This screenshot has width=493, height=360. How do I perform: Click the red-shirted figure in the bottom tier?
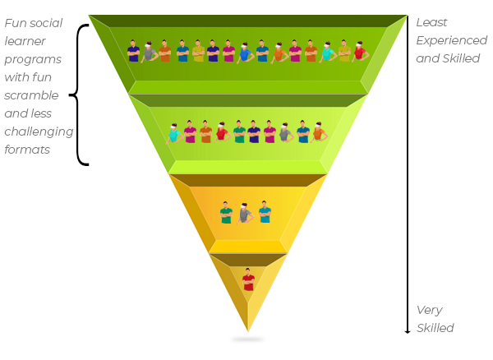(248, 279)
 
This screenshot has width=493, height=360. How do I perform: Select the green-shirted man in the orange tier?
(226, 213)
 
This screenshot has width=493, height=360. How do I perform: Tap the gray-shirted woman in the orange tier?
(245, 213)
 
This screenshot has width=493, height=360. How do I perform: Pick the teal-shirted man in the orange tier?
(265, 211)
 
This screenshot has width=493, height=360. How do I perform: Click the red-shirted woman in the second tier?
(222, 132)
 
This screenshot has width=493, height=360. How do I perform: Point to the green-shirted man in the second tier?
(239, 132)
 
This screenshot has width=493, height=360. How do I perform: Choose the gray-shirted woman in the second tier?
(286, 132)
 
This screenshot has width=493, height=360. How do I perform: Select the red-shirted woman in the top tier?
(360, 52)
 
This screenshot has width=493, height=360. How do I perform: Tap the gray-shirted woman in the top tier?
(149, 53)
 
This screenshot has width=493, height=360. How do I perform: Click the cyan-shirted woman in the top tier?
(328, 53)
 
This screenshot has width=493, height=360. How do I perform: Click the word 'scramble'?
(31, 95)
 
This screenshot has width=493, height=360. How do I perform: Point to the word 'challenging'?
(39, 132)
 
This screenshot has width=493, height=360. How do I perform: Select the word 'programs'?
(33, 60)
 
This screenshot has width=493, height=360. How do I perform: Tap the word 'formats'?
(27, 150)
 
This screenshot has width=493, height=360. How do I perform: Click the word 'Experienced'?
(451, 40)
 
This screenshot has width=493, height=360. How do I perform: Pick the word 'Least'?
(431, 22)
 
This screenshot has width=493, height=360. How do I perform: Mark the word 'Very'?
(430, 311)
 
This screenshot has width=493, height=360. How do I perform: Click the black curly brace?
(78, 95)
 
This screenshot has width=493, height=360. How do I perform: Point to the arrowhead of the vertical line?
(408, 331)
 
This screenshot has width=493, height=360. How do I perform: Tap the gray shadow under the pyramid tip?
(248, 339)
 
